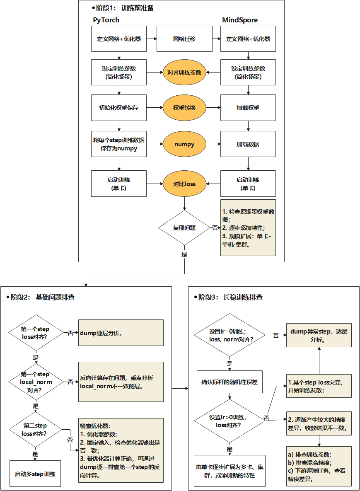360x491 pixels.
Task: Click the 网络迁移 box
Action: [x=184, y=39]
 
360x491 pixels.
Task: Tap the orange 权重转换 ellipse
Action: [x=184, y=108]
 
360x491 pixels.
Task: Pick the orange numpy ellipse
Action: [x=184, y=144]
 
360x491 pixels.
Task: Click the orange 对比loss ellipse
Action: [x=184, y=184]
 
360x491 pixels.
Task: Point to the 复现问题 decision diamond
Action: [x=184, y=227]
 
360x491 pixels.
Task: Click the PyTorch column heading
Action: [x=106, y=20]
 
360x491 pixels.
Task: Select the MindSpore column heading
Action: [x=239, y=20]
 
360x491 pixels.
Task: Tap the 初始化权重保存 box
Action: [x=119, y=108]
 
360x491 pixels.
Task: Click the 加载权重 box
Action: [x=248, y=108]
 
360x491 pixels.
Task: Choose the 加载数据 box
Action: [x=248, y=144]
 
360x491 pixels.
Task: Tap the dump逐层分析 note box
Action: [x=121, y=333]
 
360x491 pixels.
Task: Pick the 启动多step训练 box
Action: [x=35, y=474]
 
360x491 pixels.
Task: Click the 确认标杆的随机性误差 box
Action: [x=230, y=382]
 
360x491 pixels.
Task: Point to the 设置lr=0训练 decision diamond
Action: [x=230, y=335]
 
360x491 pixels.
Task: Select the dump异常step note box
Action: [x=319, y=335]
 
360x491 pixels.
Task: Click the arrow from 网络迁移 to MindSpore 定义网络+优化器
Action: [x=216, y=39]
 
